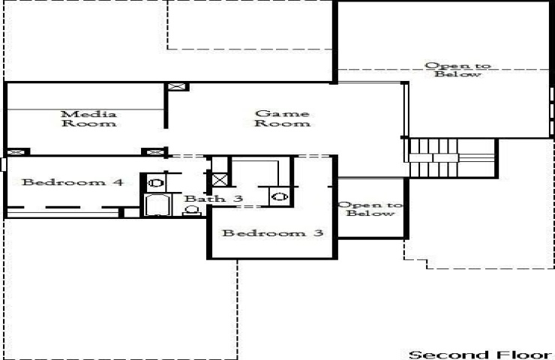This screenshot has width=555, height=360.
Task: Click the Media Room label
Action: coord(88,118)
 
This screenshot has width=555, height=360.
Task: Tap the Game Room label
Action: coord(282,118)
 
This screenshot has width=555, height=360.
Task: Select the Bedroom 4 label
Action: coord(73,182)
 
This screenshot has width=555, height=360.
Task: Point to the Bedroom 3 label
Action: coord(272,233)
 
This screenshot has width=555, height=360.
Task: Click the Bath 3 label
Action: coord(214,198)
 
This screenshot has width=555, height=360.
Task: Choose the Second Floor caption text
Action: coord(480,354)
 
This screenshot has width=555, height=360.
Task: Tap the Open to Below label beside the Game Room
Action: coord(457,70)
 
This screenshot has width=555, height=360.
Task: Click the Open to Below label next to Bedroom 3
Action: coord(370,208)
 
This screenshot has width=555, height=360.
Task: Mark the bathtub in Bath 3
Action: coord(157,205)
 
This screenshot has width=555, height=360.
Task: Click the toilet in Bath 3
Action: coord(191,211)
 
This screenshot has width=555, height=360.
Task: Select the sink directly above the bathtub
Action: coord(155,183)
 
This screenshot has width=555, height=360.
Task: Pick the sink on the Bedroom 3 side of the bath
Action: coord(280,196)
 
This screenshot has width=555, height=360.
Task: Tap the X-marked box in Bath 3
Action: coord(220,180)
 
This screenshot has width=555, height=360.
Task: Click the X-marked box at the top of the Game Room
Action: coord(176,87)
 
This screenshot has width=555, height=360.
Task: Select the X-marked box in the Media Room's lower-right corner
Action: coord(153,151)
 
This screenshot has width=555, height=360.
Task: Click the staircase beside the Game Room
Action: coord(451,158)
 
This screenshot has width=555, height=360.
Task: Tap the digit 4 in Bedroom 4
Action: coord(118,182)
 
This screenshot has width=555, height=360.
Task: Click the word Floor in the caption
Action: coord(523,354)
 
